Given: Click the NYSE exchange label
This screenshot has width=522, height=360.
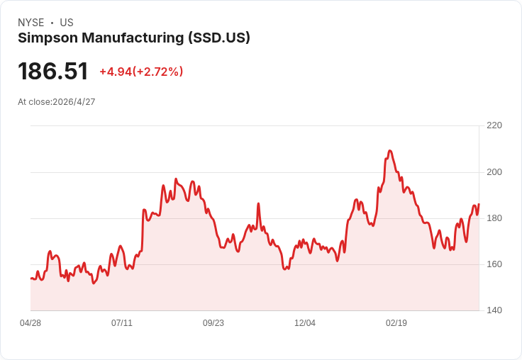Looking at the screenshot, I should click(x=31, y=23).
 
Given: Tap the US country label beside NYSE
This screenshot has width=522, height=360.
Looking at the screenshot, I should click(x=67, y=23).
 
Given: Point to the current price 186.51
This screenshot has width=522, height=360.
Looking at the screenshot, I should click(x=53, y=72).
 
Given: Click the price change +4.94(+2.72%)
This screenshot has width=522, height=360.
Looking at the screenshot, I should click(x=141, y=72).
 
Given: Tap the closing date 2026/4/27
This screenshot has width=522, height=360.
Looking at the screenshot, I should click(x=74, y=102).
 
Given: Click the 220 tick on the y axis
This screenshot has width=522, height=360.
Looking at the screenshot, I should click(x=494, y=125).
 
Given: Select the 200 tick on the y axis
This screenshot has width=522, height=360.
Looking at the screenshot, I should click(x=494, y=172).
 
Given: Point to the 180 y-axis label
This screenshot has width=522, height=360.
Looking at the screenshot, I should click(x=494, y=218).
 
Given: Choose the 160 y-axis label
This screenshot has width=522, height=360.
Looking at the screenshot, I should click(x=494, y=264).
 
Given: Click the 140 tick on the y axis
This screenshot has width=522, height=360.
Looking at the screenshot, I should click(x=494, y=310).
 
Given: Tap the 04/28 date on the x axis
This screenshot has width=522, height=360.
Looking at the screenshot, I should click(x=30, y=323).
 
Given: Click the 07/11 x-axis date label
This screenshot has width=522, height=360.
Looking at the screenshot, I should click(x=122, y=323).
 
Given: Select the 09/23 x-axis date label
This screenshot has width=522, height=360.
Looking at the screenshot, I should click(x=213, y=323).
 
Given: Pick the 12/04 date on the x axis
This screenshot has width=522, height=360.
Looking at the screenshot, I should click(x=305, y=323).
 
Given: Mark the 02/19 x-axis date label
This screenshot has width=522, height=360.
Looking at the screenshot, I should click(x=396, y=323).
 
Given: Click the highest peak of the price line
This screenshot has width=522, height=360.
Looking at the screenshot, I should click(x=389, y=151).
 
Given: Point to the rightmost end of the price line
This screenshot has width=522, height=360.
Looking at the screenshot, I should click(x=479, y=204).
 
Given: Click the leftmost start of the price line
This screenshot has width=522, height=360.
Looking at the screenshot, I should click(x=31, y=279).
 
